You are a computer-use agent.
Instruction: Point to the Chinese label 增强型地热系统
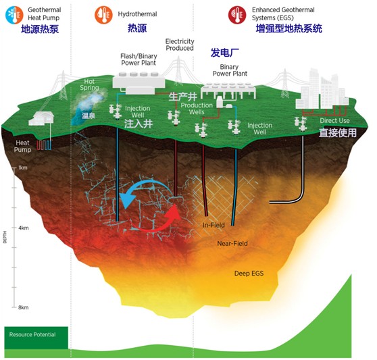289,29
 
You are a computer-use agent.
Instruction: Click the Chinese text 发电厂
225,52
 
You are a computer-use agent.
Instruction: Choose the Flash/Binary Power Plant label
139,59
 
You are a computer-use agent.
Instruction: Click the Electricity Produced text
180,45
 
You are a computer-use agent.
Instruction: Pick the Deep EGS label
247,273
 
